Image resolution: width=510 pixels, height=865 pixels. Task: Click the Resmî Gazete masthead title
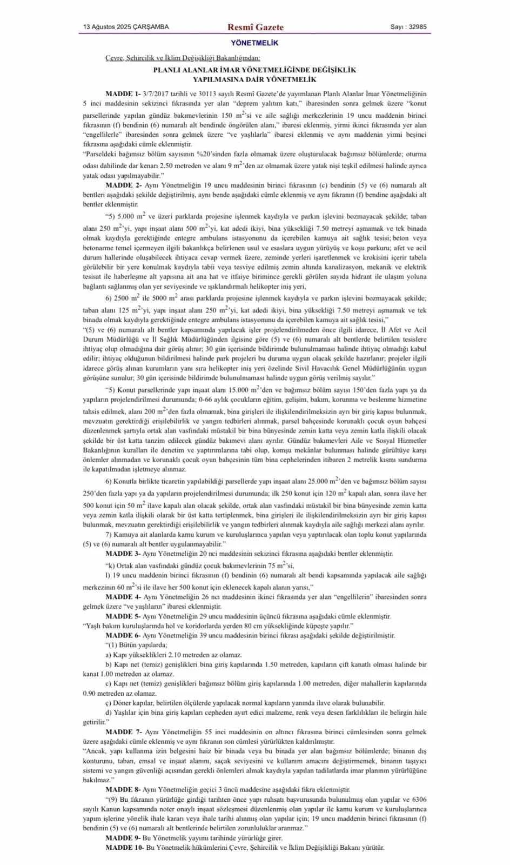point(255,27)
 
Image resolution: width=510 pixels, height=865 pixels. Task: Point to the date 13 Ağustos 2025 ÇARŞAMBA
point(126,27)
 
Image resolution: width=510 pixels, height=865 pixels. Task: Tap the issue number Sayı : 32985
point(408,27)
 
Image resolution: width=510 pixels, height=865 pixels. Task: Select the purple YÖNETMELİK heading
point(254,43)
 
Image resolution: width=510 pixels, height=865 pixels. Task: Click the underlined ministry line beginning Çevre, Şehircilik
point(183,58)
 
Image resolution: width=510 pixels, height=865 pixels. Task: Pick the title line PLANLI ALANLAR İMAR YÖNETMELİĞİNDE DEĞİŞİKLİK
point(254,70)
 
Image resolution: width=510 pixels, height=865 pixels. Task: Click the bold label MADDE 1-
point(123,94)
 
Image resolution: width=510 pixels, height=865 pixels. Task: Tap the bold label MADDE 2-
point(123,185)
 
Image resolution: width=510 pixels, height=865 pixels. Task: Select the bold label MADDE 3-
point(123,554)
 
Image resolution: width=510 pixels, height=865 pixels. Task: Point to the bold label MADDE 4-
point(123,597)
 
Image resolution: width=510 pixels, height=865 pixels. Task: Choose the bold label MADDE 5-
point(123,616)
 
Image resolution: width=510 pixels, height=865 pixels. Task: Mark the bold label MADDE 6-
point(123,635)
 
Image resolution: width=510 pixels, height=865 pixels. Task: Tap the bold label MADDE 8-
point(123,789)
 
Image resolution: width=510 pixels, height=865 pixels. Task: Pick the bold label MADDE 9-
point(123,837)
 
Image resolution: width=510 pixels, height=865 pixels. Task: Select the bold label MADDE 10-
point(125,847)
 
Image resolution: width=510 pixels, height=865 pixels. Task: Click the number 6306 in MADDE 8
point(419,799)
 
